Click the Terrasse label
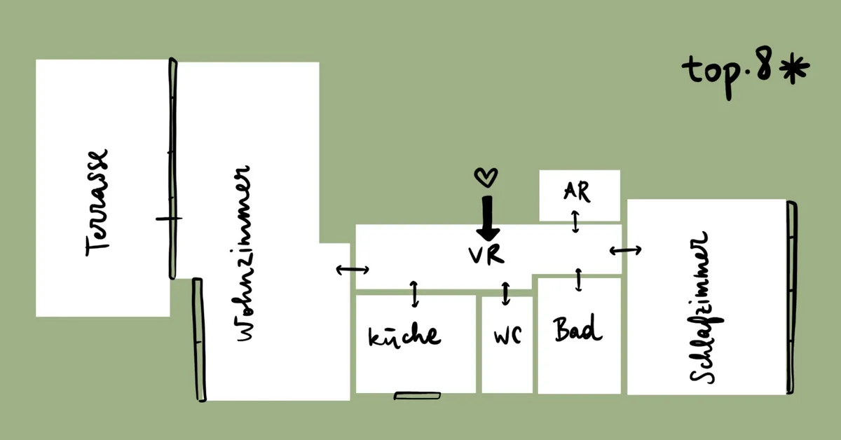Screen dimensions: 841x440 (97, 202)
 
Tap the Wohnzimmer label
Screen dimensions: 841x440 (244, 254)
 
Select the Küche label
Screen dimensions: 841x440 (405, 336)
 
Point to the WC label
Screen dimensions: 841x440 (507, 336)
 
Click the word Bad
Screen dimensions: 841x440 (577, 329)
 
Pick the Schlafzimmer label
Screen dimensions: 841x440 (706, 308)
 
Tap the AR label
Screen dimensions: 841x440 (577, 191)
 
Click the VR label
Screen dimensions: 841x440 (486, 255)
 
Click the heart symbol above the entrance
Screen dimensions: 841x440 (486, 177)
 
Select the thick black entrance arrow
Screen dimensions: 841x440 (488, 219)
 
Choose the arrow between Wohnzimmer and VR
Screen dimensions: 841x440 (353, 270)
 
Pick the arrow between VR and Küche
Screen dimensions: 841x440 (414, 294)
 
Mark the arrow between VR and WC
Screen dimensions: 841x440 (506, 294)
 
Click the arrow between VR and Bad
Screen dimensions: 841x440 (579, 280)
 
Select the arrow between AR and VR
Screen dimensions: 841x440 (575, 222)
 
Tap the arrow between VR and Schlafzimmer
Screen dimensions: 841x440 (625, 250)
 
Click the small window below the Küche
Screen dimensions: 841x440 (417, 396)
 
